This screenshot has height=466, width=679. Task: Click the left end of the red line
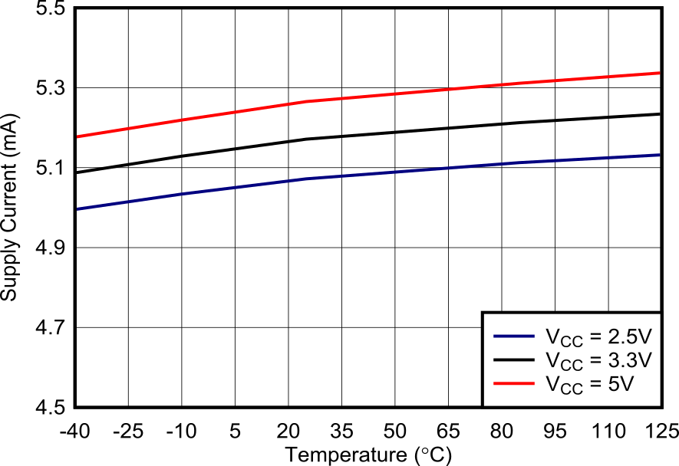point(77,137)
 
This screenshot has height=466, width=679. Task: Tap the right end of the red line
point(660,73)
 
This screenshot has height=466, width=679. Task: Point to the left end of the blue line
point(77,208)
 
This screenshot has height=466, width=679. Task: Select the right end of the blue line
point(660,155)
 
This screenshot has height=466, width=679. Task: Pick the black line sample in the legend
point(513,359)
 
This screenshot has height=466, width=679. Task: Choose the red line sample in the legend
point(513,382)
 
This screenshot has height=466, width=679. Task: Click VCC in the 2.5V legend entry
point(564,338)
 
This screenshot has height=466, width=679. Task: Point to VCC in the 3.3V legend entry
point(564,361)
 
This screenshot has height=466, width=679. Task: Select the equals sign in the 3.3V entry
point(595,360)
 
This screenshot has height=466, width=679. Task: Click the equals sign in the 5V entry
point(595,383)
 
